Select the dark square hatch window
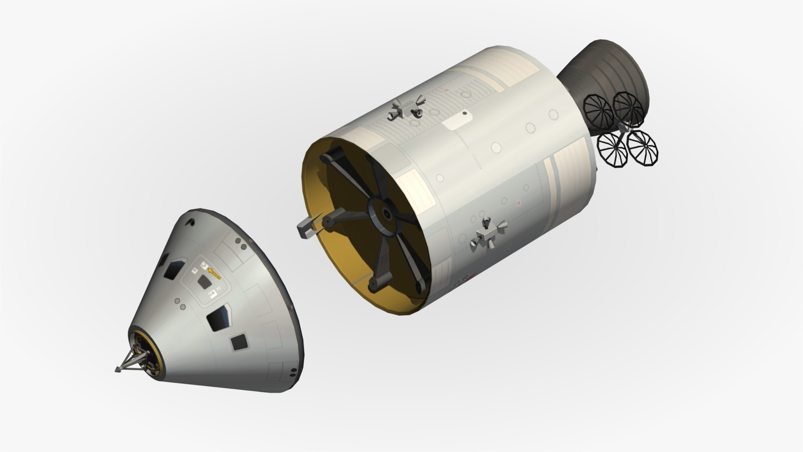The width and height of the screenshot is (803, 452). (204, 282)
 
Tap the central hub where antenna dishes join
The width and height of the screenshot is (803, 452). (622, 128)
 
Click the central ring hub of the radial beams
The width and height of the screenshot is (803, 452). (384, 214)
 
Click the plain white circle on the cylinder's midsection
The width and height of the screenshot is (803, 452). (496, 147)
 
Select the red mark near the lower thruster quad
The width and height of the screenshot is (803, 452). (519, 203)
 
